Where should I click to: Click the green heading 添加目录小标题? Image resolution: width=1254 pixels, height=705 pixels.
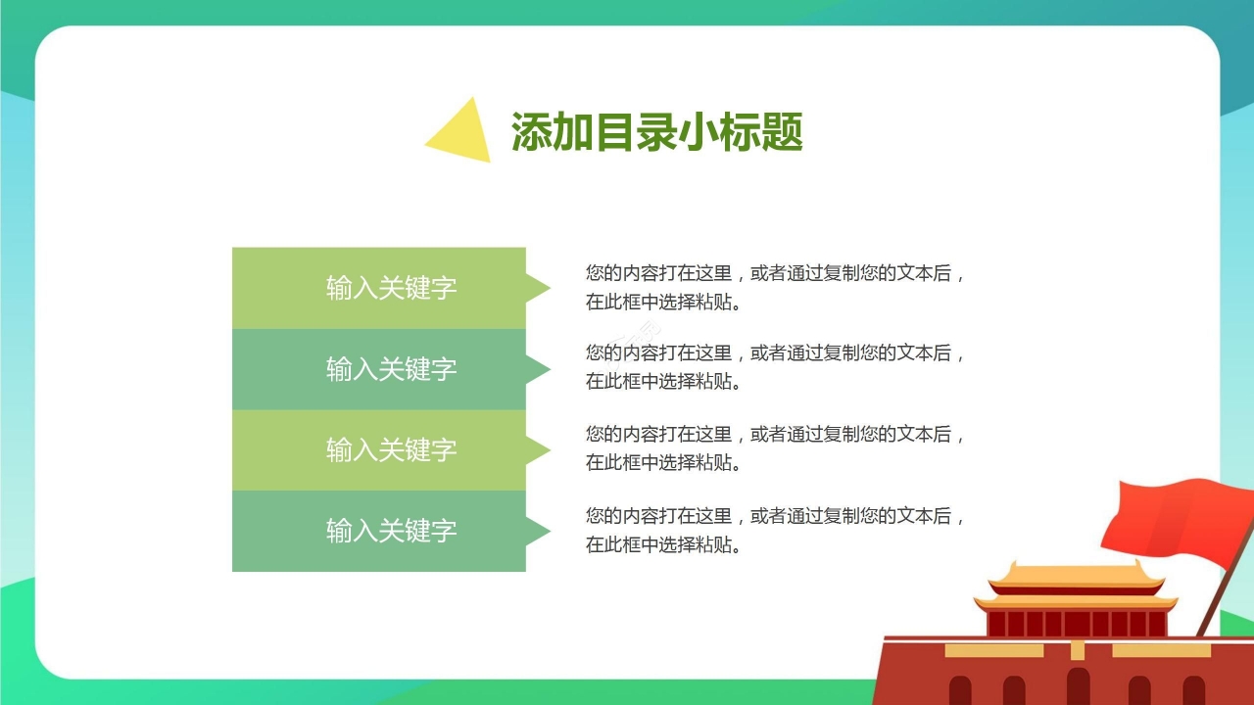pyautogui.click(x=656, y=131)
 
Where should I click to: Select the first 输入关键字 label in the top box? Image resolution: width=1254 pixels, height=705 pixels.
pyautogui.click(x=391, y=288)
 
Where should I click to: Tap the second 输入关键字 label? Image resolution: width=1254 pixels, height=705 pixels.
pyautogui.click(x=391, y=369)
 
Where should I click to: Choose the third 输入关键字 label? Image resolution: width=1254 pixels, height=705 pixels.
pyautogui.click(x=391, y=450)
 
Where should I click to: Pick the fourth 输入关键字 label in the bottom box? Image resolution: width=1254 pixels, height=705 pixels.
pyautogui.click(x=391, y=531)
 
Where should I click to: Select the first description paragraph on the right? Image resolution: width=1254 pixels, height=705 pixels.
pyautogui.click(x=774, y=288)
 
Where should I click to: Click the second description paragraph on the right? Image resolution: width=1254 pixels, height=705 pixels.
pyautogui.click(x=774, y=367)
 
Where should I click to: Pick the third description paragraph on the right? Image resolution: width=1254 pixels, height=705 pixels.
pyautogui.click(x=774, y=448)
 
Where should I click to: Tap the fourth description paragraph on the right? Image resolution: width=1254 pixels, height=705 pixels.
pyautogui.click(x=774, y=530)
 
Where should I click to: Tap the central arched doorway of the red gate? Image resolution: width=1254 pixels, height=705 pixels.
pyautogui.click(x=1078, y=686)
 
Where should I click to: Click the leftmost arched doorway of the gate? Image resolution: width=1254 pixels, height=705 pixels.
pyautogui.click(x=960, y=690)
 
